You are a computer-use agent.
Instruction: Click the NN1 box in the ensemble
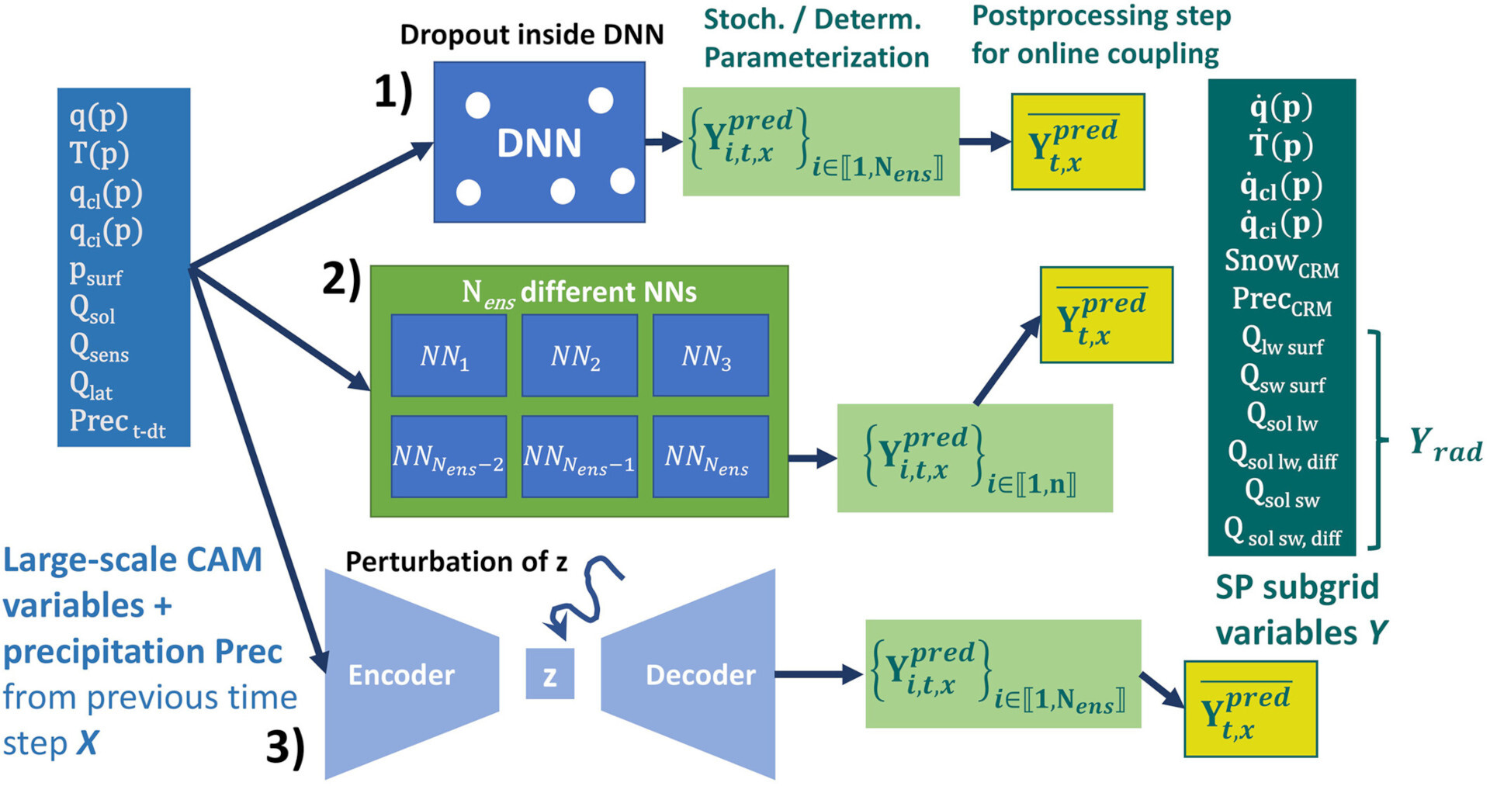point(449,355)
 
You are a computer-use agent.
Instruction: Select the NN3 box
point(710,355)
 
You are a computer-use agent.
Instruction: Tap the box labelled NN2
point(579,355)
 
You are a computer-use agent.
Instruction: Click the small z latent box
point(549,674)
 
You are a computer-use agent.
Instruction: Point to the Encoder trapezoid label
point(401,675)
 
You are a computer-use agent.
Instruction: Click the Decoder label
point(700,675)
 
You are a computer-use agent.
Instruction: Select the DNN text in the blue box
point(539,144)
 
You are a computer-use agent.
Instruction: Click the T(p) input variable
point(99,154)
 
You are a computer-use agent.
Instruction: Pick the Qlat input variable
point(91,385)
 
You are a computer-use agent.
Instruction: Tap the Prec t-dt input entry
point(117,423)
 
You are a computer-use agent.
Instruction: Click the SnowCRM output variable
point(1281,262)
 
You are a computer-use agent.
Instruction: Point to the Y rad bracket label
point(1445,444)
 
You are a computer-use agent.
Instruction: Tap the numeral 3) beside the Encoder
point(285,747)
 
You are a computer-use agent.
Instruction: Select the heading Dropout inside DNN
point(532,34)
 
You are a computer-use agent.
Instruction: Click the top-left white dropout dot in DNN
point(477,105)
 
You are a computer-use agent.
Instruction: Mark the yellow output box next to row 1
point(1077,142)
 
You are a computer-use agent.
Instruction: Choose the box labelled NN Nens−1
point(579,457)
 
